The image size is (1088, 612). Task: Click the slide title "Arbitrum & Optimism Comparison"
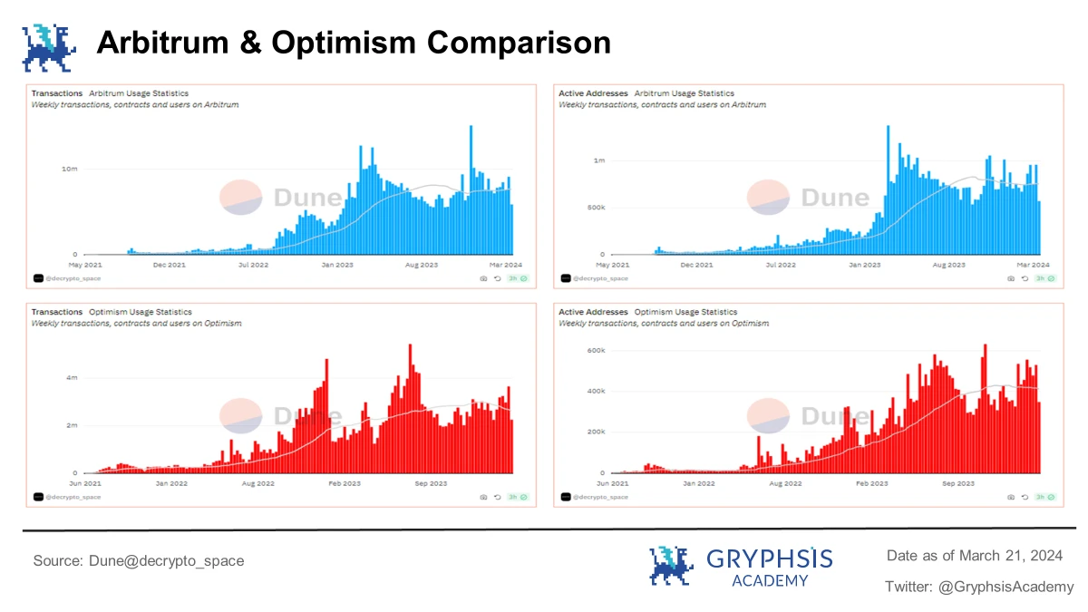click(354, 42)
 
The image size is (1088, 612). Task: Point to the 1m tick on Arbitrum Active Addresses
click(598, 160)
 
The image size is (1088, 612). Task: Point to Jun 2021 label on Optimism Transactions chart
click(86, 483)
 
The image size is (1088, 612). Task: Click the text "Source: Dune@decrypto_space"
click(139, 561)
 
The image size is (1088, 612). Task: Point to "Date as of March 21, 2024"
click(974, 555)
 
